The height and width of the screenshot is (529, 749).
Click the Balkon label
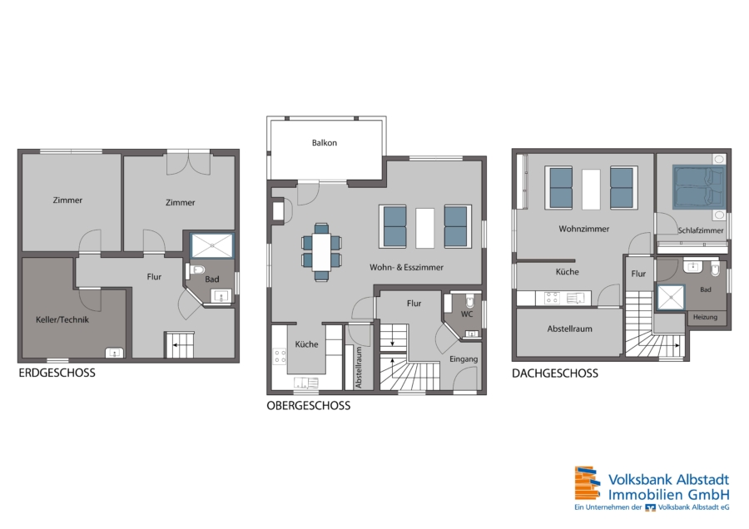[x=325, y=143]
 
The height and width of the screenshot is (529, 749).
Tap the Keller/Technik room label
[x=62, y=319]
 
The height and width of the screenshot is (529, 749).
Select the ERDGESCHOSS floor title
[x=57, y=373]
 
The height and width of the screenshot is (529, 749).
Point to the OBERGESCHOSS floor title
[x=309, y=406]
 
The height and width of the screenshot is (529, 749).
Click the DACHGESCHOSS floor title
[x=555, y=373]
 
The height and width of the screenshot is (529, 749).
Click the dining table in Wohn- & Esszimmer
[x=321, y=252]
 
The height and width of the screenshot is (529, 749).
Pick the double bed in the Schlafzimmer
[x=699, y=187]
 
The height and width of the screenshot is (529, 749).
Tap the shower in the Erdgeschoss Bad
[x=212, y=246]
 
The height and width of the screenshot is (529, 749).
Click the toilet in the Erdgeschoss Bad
[x=196, y=269]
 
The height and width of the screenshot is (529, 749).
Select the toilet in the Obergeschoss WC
[x=470, y=301]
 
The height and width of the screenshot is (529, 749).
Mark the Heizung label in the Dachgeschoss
[x=705, y=317]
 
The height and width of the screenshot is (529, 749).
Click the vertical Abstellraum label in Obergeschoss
[x=359, y=368]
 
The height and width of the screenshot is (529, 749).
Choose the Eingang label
[x=464, y=359]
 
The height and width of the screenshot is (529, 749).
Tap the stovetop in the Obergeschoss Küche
[x=280, y=356]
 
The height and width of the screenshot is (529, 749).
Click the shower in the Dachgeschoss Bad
[x=671, y=297]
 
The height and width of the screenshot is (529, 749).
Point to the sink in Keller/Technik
[x=115, y=353]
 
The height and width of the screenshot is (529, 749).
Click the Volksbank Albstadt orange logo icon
[x=587, y=483]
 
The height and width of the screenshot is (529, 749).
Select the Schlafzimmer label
[x=701, y=230]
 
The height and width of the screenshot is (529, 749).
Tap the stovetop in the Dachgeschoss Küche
[x=552, y=298]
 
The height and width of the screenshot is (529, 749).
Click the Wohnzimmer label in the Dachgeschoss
[x=583, y=230]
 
